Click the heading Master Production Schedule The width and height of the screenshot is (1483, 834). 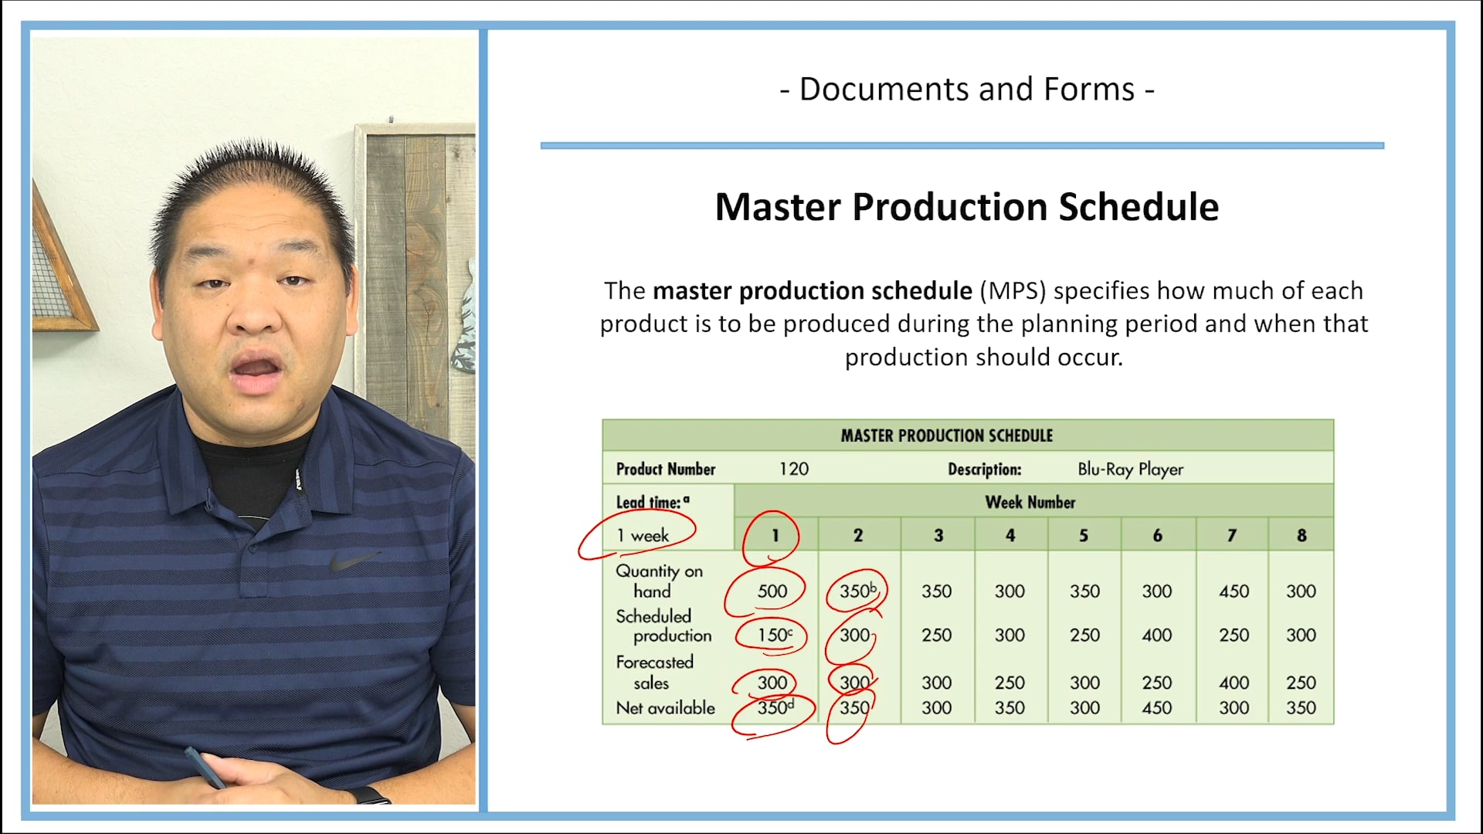[x=966, y=207]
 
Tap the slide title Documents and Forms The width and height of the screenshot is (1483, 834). [x=966, y=90]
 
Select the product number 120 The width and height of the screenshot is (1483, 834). [x=793, y=469]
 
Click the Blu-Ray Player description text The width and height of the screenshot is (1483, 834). [x=1130, y=469]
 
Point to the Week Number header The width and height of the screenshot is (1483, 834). [x=1030, y=502]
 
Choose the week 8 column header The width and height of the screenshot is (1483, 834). [x=1301, y=535]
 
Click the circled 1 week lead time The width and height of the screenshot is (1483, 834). [x=643, y=535]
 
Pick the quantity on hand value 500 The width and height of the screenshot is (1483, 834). [x=772, y=592]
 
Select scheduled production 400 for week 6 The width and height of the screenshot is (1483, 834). [x=1156, y=635]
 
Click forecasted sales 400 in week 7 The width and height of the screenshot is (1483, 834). [x=1234, y=683]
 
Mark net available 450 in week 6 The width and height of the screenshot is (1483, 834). [x=1156, y=707]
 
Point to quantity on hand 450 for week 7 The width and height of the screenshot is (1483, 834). [x=1234, y=592]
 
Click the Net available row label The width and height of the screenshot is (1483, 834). [x=665, y=707]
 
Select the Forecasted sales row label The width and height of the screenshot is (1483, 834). [x=654, y=672]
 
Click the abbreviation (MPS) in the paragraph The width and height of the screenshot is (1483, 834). [x=1013, y=291]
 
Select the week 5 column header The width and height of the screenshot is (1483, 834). [x=1084, y=535]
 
